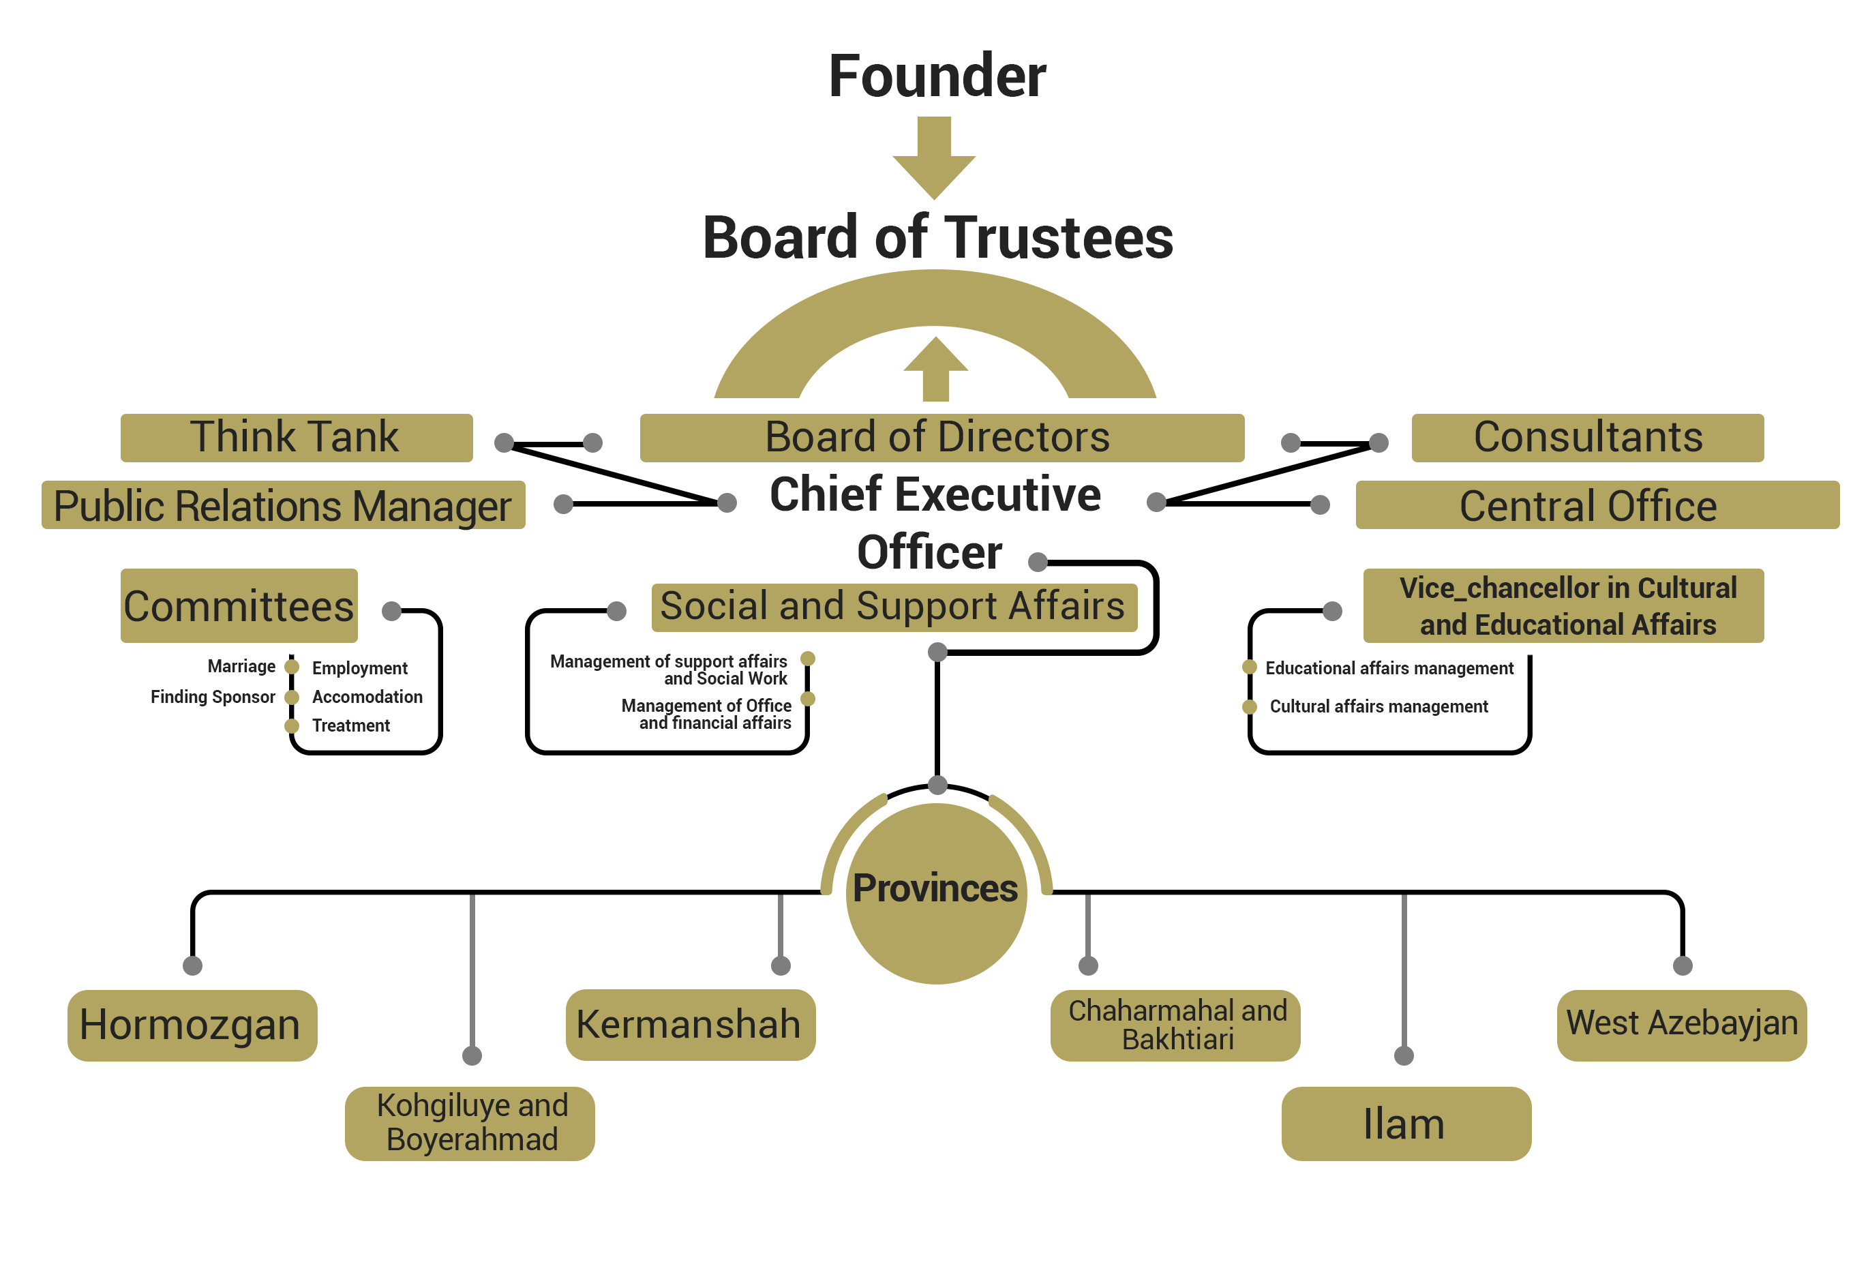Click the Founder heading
click(x=937, y=76)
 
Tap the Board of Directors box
click(x=941, y=438)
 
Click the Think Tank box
click(x=296, y=438)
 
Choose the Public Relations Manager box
click(x=283, y=505)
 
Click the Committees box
click(x=239, y=606)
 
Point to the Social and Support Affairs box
click(x=894, y=607)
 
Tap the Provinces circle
click(x=935, y=892)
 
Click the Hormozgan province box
click(x=192, y=1025)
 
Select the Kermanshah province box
click(x=690, y=1025)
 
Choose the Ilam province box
click(x=1405, y=1124)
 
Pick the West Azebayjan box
click(x=1681, y=1025)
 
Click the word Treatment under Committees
click(x=350, y=725)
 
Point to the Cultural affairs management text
click(x=1379, y=706)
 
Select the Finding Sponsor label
click(x=212, y=697)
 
